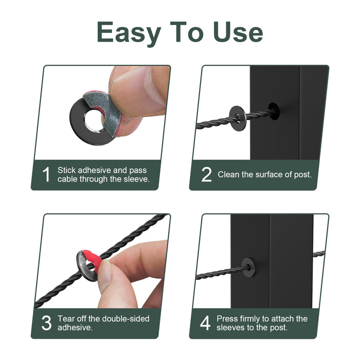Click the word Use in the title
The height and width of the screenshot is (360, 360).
click(238, 32)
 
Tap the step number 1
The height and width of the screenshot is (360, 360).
click(46, 174)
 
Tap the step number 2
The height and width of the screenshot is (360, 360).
click(206, 174)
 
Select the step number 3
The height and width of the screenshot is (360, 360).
click(46, 323)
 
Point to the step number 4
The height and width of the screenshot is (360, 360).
click(205, 323)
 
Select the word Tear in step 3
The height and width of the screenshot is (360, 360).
click(66, 318)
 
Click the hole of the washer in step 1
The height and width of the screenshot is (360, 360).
click(93, 120)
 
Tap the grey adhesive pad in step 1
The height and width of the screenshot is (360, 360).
click(103, 110)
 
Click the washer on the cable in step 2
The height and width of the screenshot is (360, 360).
click(238, 118)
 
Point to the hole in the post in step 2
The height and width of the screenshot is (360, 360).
click(274, 111)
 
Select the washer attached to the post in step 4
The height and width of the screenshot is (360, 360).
click(248, 267)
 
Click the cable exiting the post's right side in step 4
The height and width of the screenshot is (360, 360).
click(319, 254)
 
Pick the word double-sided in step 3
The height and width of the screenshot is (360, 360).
click(125, 318)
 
